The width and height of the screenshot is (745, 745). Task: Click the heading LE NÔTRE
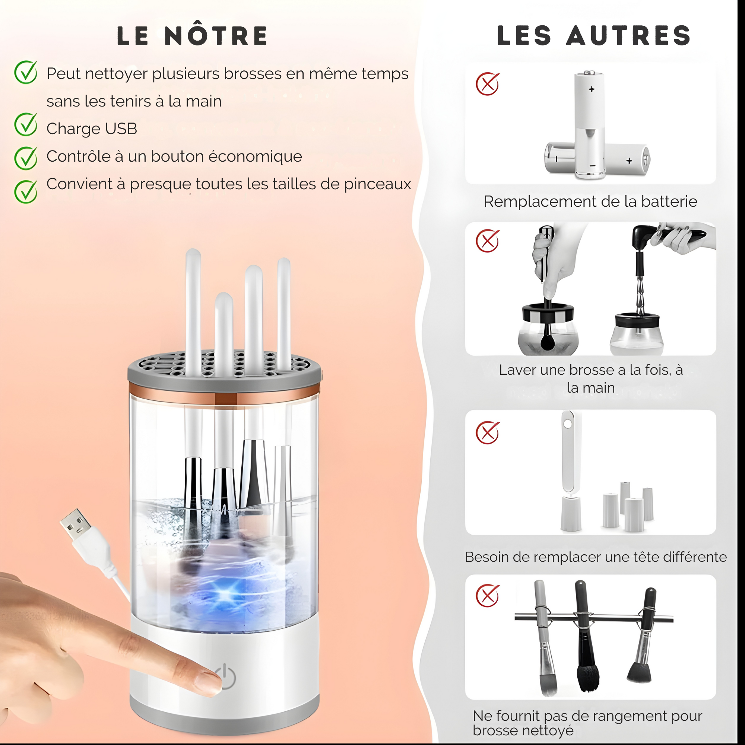[x=192, y=36]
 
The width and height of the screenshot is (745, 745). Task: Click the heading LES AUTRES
[x=593, y=36]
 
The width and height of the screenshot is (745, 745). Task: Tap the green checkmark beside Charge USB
[x=25, y=124]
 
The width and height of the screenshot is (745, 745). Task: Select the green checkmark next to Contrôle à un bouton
[x=25, y=158]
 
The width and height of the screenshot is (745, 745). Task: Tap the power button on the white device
[x=228, y=677]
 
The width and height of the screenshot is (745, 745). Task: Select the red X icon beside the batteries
[x=487, y=84]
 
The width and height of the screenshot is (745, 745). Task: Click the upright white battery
[x=589, y=123]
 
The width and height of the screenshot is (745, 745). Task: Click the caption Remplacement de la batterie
[x=590, y=202]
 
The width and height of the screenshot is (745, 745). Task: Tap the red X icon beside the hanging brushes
[x=487, y=596]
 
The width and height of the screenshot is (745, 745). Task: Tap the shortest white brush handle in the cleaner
[x=224, y=332]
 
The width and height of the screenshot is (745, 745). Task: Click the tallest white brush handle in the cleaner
[x=193, y=308]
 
